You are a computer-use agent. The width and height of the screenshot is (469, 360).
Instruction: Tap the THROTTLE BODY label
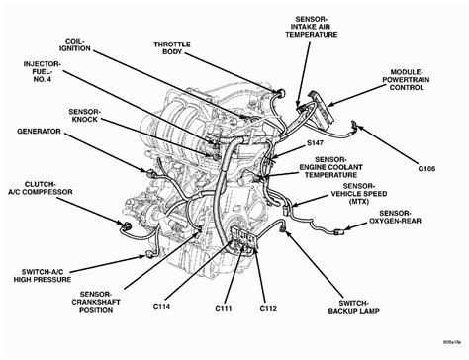click(180, 49)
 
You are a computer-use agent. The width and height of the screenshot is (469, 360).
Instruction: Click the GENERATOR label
click(40, 131)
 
